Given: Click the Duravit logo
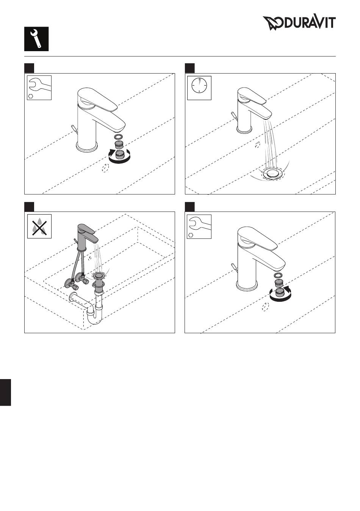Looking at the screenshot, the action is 299,23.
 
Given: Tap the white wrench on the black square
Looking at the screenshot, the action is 36,39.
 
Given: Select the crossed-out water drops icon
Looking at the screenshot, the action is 39,226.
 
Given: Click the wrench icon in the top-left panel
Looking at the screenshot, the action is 39,86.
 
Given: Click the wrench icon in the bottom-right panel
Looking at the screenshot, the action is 199,224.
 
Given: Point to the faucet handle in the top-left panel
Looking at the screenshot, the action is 97,99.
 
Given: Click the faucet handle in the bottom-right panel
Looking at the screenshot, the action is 257,238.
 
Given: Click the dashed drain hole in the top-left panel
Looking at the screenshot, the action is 105,168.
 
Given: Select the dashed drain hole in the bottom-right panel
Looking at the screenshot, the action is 265,306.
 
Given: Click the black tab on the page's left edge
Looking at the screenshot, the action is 5,392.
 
